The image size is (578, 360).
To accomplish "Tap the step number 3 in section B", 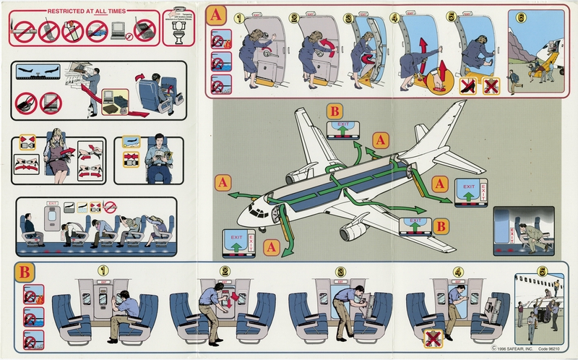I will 340,273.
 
